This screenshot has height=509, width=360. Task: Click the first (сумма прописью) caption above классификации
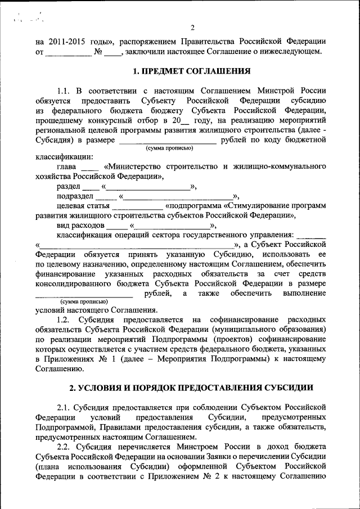pos(169,148)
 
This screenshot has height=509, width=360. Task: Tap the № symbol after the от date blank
pos(98,52)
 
